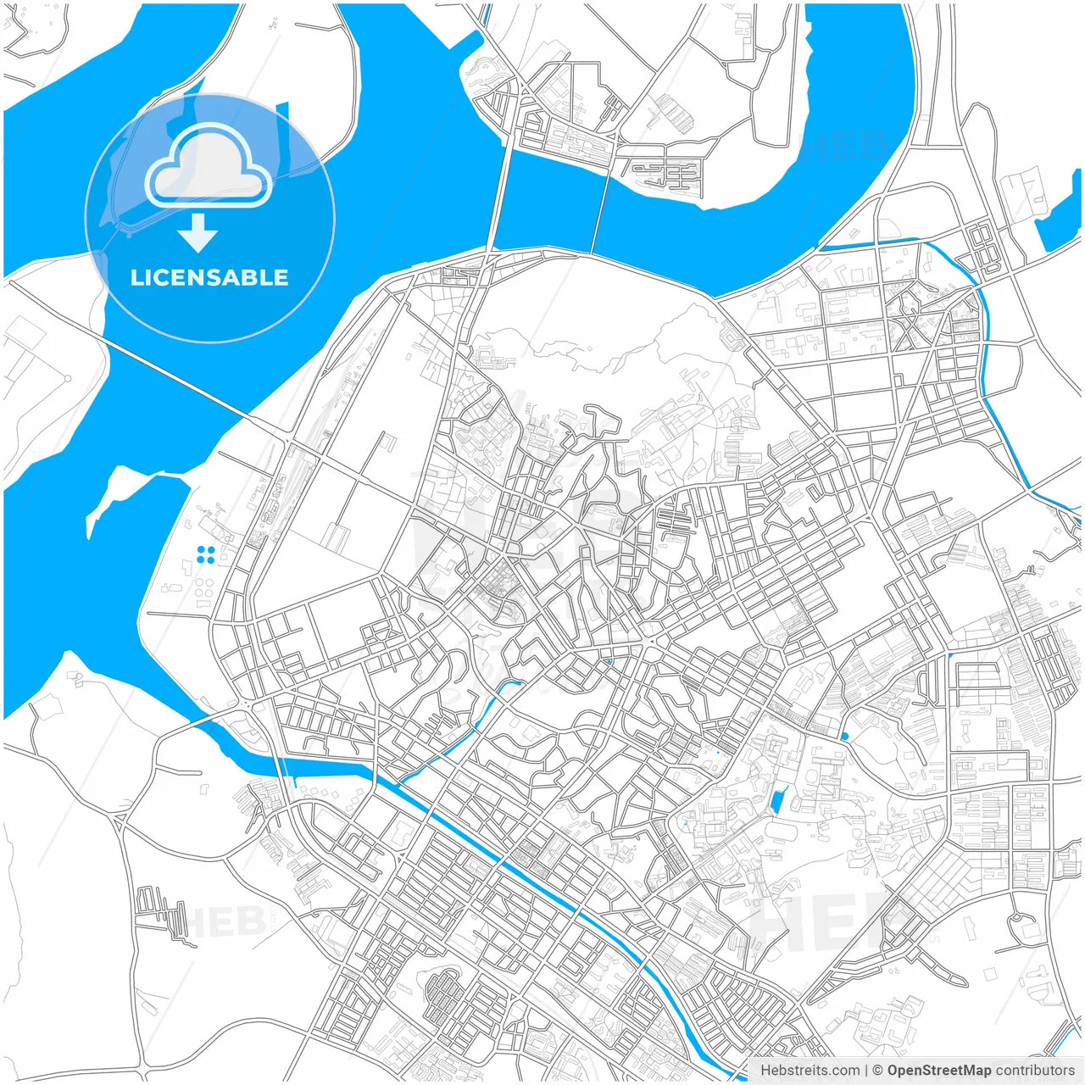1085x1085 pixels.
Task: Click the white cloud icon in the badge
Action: point(209,165)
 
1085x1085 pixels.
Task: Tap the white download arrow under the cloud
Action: point(198,233)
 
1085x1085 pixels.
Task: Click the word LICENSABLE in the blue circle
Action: point(209,277)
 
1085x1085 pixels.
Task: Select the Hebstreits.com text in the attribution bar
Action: point(810,1071)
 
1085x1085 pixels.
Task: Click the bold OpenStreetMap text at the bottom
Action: point(938,1071)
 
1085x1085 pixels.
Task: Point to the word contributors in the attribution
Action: point(1035,1071)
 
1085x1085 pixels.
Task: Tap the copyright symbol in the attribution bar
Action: point(877,1071)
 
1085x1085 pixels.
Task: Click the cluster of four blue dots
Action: point(205,554)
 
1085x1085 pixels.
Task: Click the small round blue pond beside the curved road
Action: point(845,736)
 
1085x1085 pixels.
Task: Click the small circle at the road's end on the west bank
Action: point(67,378)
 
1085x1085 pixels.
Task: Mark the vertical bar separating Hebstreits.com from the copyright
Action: point(865,1071)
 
